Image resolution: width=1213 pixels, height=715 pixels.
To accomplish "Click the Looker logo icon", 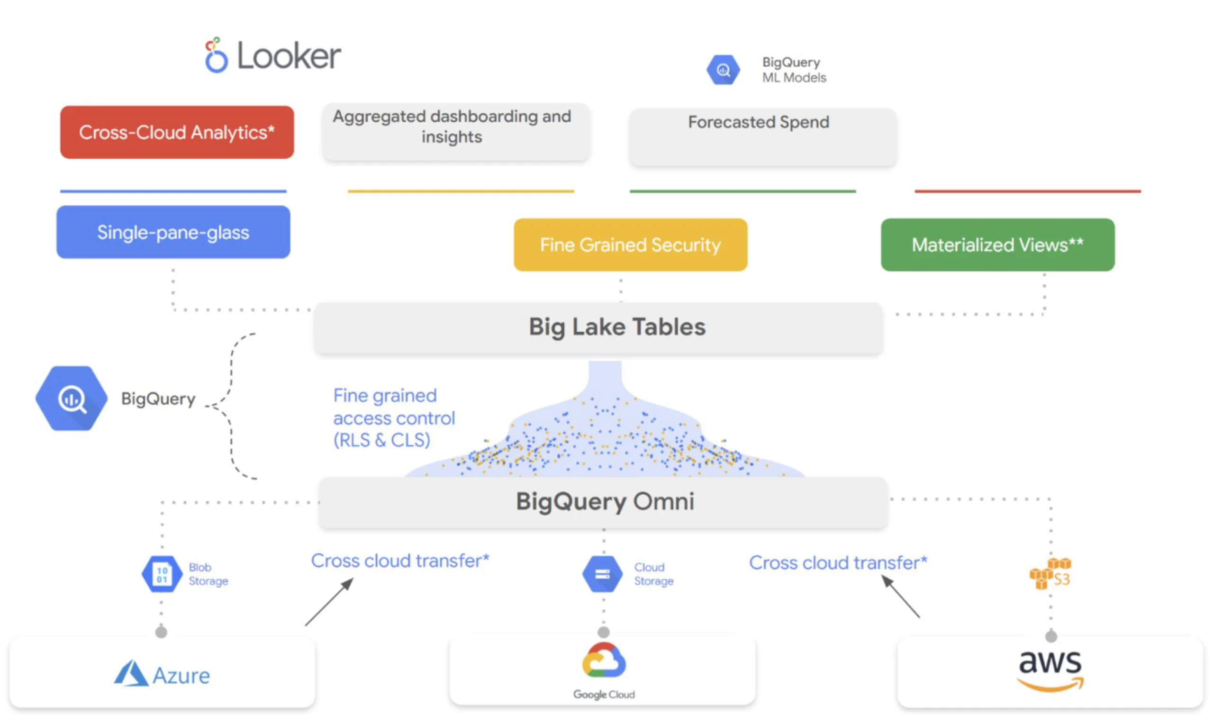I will coord(216,55).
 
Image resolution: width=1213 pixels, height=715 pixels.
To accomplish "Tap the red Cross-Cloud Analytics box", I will coord(177,133).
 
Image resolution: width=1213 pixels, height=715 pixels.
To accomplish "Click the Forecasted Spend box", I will coord(762,137).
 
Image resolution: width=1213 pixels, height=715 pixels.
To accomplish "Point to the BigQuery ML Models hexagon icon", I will coord(723,70).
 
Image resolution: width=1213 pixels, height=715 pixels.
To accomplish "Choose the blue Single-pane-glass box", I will coord(173,232).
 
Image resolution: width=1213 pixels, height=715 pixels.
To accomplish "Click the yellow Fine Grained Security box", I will coord(630,245).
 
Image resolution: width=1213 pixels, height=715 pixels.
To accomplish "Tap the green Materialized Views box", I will coord(997,245).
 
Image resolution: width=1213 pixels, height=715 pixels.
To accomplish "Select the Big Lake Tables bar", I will coord(598,327).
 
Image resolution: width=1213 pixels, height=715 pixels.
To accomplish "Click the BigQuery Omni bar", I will coord(603,502).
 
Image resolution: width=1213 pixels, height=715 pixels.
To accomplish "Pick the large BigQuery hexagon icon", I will coord(71,398).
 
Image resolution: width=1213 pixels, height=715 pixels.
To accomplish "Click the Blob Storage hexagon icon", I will coord(162,574).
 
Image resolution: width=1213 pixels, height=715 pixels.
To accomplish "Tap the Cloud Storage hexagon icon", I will coord(602,574).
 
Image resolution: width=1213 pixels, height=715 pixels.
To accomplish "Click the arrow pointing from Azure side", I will coord(329,602).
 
